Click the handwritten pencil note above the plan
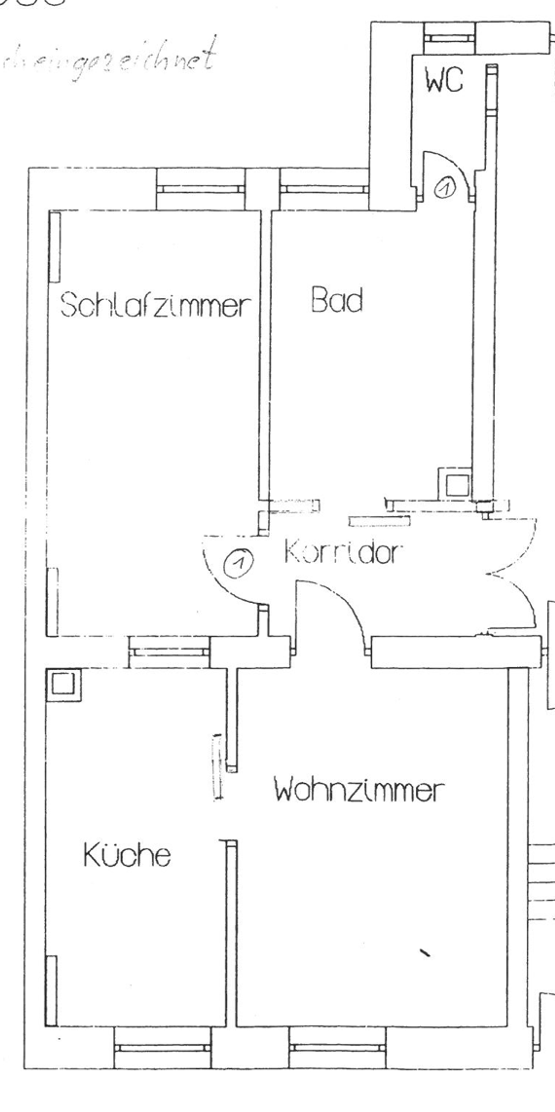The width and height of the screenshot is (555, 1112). [108, 58]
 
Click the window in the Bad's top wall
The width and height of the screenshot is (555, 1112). [324, 189]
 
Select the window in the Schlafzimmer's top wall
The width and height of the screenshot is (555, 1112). [201, 189]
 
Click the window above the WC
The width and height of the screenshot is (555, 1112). [449, 38]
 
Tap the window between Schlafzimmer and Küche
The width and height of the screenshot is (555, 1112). [169, 652]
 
